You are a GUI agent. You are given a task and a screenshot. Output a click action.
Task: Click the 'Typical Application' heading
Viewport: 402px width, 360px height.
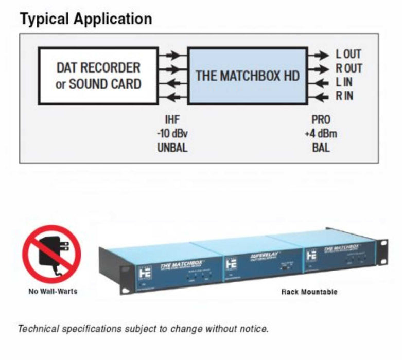pyautogui.click(x=85, y=19)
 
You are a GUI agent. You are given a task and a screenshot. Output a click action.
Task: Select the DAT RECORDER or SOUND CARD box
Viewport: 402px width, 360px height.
pyautogui.click(x=98, y=76)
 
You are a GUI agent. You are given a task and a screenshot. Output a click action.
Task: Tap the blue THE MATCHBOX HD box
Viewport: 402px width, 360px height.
pyautogui.click(x=247, y=76)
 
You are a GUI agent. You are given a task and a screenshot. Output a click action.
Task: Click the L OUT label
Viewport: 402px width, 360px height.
pyautogui.click(x=348, y=54)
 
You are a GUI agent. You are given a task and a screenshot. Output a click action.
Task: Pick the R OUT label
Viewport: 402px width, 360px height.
pyautogui.click(x=348, y=68)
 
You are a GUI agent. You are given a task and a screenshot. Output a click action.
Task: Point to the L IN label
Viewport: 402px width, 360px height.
pyautogui.click(x=345, y=82)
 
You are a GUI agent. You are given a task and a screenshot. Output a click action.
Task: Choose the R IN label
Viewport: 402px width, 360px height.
pyautogui.click(x=345, y=96)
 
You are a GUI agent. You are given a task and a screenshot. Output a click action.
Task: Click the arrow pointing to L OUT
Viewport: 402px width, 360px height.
pyautogui.click(x=319, y=54)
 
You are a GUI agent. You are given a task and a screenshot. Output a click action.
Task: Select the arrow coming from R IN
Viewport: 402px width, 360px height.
pyautogui.click(x=319, y=96)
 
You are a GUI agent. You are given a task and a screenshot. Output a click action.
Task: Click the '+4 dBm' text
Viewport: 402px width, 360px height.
pyautogui.click(x=321, y=134)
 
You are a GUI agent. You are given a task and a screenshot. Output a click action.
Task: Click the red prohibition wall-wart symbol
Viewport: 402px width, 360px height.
pyautogui.click(x=51, y=254)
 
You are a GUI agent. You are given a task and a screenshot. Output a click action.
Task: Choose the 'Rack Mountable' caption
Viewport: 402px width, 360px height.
pyautogui.click(x=309, y=292)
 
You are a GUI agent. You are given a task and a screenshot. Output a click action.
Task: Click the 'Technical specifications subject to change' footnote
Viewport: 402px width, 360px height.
pyautogui.click(x=143, y=328)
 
